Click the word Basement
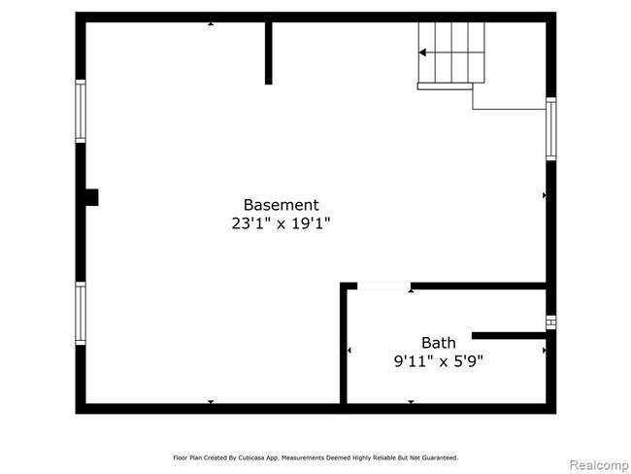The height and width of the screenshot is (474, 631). [281, 205]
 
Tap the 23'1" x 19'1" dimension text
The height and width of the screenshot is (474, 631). [281, 222]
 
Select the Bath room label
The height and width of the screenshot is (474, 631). [438, 343]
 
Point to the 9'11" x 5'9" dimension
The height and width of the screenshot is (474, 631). [438, 361]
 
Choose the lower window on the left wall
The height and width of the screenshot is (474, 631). [81, 313]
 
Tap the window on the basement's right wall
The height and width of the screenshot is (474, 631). [550, 129]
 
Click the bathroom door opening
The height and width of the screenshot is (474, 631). [383, 286]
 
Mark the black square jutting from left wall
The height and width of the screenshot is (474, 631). [91, 197]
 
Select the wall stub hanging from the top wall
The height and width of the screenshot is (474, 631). [268, 53]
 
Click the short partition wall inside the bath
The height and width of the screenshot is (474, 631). [509, 336]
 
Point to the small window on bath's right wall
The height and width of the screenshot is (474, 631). [550, 322]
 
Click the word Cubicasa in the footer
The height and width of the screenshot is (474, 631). [264, 457]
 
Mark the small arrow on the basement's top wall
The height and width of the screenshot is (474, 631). [211, 23]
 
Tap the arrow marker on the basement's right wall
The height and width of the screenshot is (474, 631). [544, 195]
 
